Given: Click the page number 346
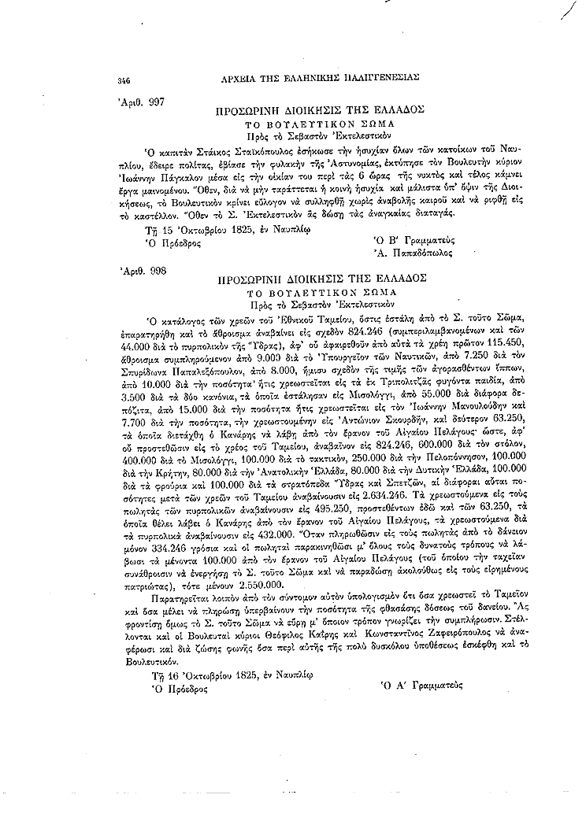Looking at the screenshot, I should (x=123, y=80).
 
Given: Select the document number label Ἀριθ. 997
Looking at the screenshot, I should (x=142, y=102).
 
